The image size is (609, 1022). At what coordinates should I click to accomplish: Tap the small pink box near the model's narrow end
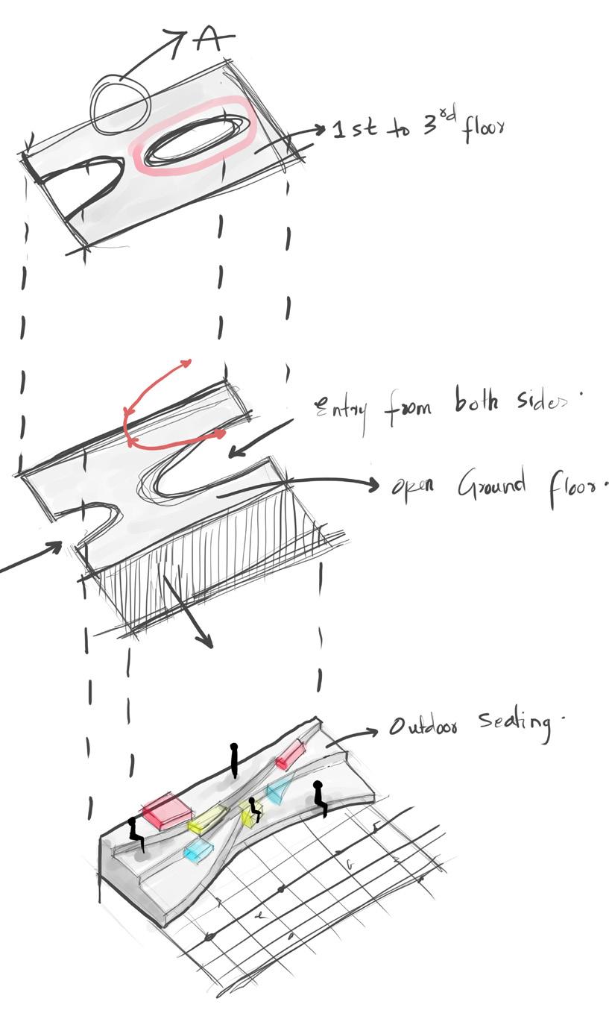[x=288, y=755]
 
